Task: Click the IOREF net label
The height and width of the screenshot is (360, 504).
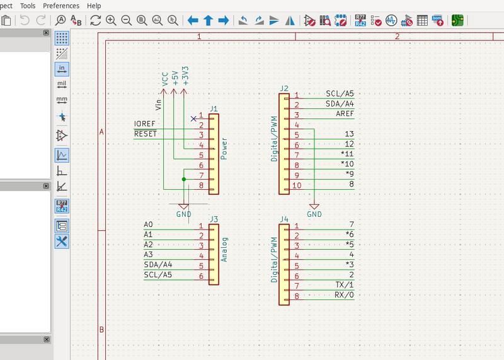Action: pyautogui.click(x=144, y=124)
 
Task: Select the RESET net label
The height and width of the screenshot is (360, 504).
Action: pyautogui.click(x=146, y=134)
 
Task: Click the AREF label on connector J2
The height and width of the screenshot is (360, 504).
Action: pyautogui.click(x=345, y=113)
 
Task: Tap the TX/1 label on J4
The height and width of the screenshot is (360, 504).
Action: pyautogui.click(x=344, y=285)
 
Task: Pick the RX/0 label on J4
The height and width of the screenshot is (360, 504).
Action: pyautogui.click(x=344, y=295)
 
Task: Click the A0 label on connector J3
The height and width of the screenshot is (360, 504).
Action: pyautogui.click(x=148, y=224)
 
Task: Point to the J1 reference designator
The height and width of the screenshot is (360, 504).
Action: pyautogui.click(x=214, y=108)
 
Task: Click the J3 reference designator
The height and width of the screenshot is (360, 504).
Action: pyautogui.click(x=214, y=219)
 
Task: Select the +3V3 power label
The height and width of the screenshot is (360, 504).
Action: pyautogui.click(x=185, y=76)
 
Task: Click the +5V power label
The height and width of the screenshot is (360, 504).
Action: pyautogui.click(x=175, y=78)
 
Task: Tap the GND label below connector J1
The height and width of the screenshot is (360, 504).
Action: pyautogui.click(x=183, y=214)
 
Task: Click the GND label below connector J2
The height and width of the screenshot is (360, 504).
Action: pyautogui.click(x=314, y=214)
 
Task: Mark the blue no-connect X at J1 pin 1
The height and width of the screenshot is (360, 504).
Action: pyautogui.click(x=193, y=119)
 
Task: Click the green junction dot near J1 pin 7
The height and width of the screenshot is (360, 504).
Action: pyautogui.click(x=183, y=179)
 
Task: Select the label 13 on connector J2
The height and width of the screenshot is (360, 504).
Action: pyautogui.click(x=349, y=134)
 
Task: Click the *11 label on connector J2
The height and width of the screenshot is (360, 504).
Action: pyautogui.click(x=347, y=154)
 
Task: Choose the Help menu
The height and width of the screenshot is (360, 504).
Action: pyautogui.click(x=94, y=6)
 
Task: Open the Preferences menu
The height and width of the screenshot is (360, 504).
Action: pyautogui.click(x=61, y=6)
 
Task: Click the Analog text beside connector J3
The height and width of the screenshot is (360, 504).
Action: pyautogui.click(x=225, y=250)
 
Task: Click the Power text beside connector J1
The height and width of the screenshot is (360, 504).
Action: pyautogui.click(x=224, y=148)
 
